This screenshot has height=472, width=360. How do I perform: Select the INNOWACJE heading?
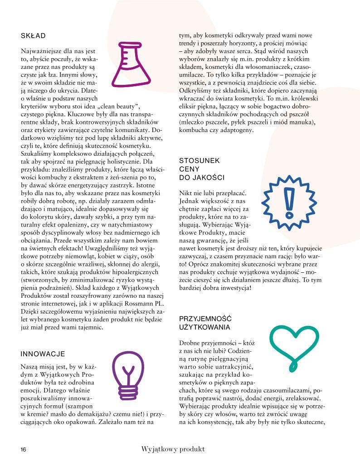click(x=43, y=354)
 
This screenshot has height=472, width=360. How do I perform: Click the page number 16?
click(x=24, y=450)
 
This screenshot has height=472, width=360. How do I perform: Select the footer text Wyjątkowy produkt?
click(x=173, y=449)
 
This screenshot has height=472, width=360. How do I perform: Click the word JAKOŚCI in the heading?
click(x=208, y=177)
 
